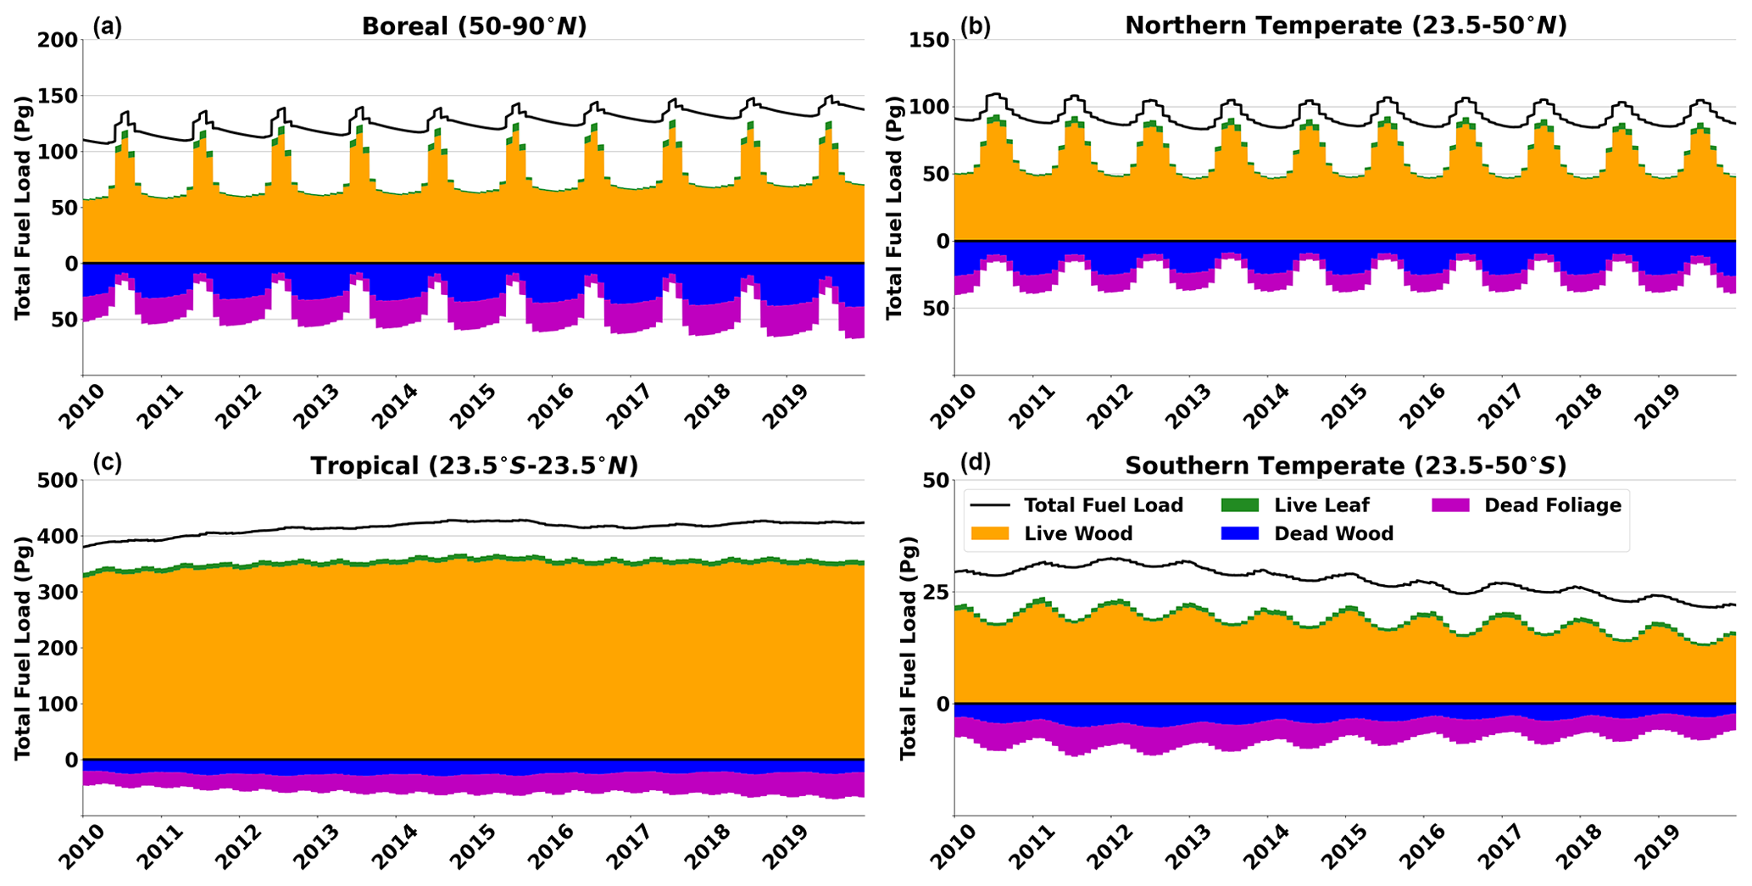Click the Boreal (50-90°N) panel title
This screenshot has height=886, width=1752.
point(474,25)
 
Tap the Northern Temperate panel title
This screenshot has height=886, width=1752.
point(1345,25)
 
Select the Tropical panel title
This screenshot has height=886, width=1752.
point(474,465)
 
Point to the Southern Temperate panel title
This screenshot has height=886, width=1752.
point(1345,465)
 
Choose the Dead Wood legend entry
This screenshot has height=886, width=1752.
point(1333,533)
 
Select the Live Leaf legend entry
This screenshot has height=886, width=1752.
point(1321,505)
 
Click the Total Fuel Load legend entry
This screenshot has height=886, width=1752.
point(1103,505)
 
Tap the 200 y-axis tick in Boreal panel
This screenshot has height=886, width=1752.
point(57,40)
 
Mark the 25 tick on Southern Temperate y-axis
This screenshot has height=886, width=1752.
point(934,592)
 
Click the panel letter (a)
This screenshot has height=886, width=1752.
point(108,26)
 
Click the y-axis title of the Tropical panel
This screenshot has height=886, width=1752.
point(23,647)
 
